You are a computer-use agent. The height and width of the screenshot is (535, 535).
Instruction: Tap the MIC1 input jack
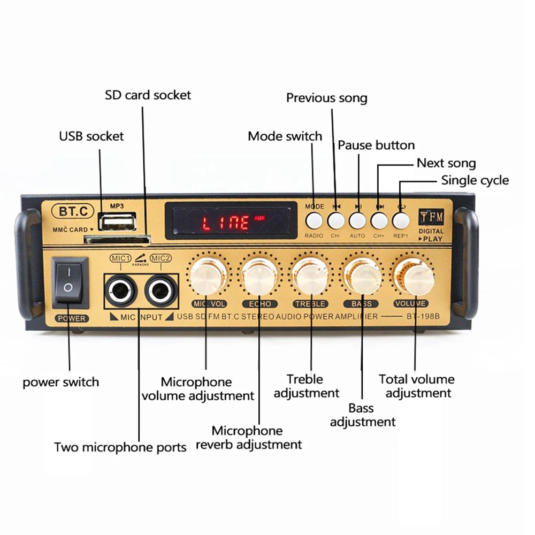121,292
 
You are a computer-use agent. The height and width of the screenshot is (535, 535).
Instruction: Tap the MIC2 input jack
160,292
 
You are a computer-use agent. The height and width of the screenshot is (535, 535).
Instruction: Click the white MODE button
314,220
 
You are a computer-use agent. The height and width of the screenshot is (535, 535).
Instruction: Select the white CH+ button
379,220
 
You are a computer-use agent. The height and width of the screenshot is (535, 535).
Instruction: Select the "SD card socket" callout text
148,95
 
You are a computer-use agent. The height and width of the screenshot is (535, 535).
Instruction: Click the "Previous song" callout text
326,98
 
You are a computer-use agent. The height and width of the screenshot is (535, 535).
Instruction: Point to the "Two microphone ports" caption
120,447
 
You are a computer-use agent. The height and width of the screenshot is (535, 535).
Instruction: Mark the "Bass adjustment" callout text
362,415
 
